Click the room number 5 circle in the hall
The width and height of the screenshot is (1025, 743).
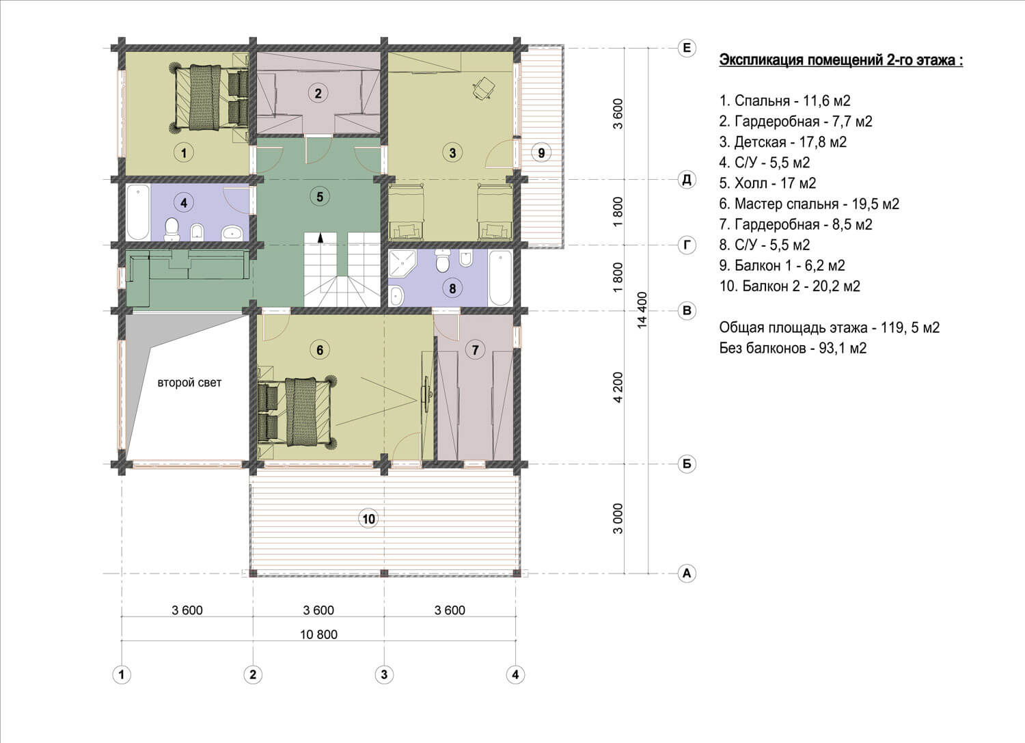319,197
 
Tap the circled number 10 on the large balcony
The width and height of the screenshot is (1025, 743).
368,519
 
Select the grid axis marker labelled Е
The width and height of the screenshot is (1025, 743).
686,48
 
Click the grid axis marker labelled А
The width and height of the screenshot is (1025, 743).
686,573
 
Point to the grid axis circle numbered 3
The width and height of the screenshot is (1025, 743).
384,675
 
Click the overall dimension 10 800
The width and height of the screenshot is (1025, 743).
318,634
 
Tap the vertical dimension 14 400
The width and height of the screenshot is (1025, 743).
642,310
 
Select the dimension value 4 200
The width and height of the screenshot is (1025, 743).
618,387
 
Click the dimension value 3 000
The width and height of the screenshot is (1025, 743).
618,518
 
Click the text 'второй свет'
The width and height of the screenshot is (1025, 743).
189,383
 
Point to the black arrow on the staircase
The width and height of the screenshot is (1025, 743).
320,237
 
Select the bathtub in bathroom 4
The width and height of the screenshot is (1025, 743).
138,212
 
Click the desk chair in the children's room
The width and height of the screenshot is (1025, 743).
484,87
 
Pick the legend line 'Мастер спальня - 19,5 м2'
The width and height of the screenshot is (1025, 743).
809,204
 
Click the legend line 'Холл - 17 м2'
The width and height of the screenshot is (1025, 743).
767,183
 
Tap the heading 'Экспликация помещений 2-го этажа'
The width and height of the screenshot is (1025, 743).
841,60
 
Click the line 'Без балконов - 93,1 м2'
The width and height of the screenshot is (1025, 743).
793,349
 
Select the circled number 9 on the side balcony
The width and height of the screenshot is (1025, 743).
541,152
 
